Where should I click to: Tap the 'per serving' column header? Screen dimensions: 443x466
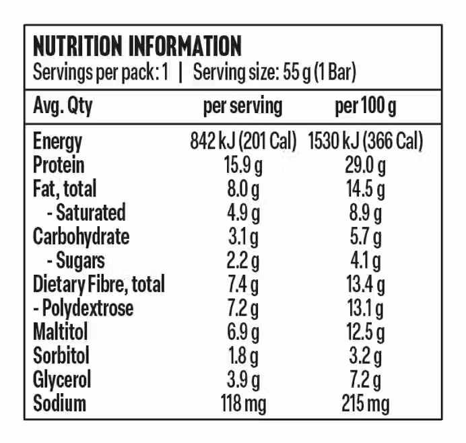(242, 106)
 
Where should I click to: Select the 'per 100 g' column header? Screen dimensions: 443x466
(365, 106)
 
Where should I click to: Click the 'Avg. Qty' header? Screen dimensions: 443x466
(63, 106)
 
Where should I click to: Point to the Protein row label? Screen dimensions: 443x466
(59, 165)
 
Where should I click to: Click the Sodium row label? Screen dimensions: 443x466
(59, 403)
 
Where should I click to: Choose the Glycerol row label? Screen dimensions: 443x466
(61, 379)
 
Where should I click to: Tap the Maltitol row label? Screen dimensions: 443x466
(61, 331)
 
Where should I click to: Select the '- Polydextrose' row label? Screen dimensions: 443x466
(83, 308)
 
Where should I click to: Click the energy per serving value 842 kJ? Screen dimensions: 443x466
(243, 141)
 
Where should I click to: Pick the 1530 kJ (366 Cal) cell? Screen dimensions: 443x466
(365, 141)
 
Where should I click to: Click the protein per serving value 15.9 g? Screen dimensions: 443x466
(242, 165)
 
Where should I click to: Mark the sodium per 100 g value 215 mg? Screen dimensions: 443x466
(365, 403)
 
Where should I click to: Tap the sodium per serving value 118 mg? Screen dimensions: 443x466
(243, 403)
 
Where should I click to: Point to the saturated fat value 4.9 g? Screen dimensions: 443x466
(242, 213)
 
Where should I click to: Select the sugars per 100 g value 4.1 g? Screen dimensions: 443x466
(365, 261)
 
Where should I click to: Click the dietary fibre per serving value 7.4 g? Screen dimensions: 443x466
(242, 284)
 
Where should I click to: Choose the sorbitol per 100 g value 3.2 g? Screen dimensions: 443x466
(365, 355)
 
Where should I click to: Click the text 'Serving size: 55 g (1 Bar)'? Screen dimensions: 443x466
(274, 71)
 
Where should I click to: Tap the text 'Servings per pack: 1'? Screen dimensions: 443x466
(100, 71)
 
